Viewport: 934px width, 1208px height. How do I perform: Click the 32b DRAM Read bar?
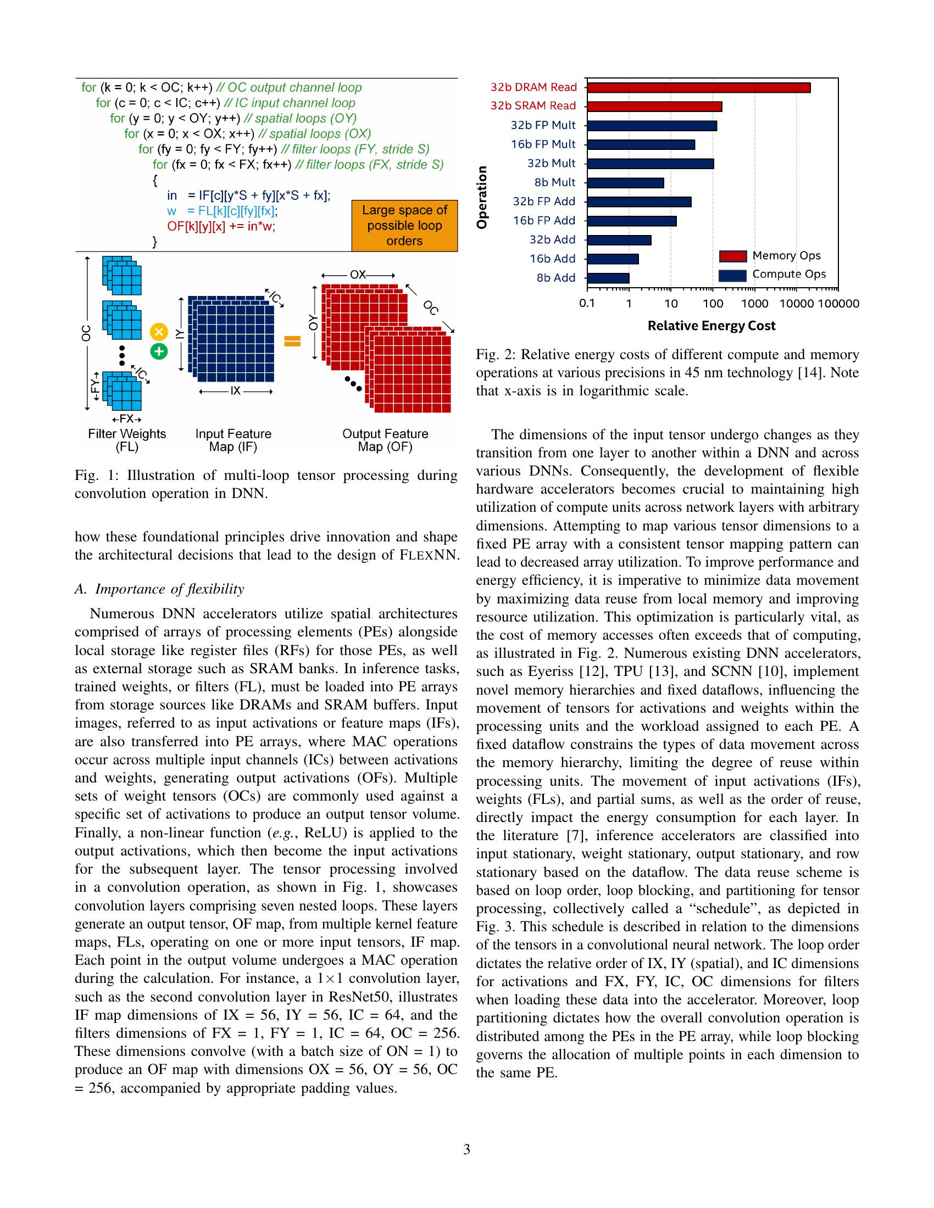(x=698, y=87)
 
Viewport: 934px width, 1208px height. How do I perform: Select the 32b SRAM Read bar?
(x=654, y=106)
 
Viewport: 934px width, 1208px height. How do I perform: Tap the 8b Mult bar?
(x=625, y=182)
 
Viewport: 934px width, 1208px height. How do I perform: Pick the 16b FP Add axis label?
(x=544, y=221)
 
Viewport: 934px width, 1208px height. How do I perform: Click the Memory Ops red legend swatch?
(x=732, y=256)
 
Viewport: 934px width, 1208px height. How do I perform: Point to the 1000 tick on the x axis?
(x=755, y=304)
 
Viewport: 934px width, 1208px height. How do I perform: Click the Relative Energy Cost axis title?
(x=711, y=326)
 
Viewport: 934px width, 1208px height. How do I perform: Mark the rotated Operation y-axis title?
(x=482, y=197)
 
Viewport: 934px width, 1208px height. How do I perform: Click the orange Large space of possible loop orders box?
(x=404, y=226)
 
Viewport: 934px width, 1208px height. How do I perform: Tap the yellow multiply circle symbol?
(x=159, y=331)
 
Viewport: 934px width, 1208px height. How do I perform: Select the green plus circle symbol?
(x=159, y=351)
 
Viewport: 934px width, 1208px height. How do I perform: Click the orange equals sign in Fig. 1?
(x=292, y=342)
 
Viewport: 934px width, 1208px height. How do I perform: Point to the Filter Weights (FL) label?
(x=127, y=440)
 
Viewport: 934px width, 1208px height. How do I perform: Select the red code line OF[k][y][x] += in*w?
(x=221, y=226)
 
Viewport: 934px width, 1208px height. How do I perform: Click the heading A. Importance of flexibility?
(x=159, y=589)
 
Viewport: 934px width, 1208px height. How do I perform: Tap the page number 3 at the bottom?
(x=466, y=1150)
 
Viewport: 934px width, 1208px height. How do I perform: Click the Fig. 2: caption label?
(x=494, y=355)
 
